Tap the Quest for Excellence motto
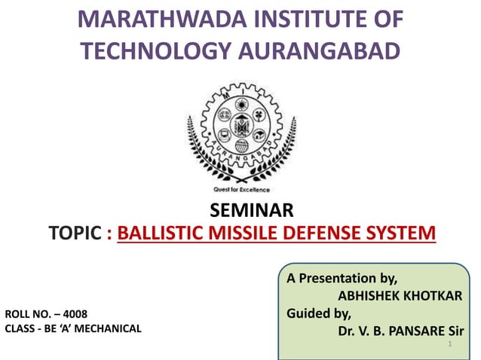(x=241, y=190)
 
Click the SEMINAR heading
(x=240, y=209)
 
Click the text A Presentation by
(x=342, y=278)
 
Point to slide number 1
(x=449, y=345)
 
